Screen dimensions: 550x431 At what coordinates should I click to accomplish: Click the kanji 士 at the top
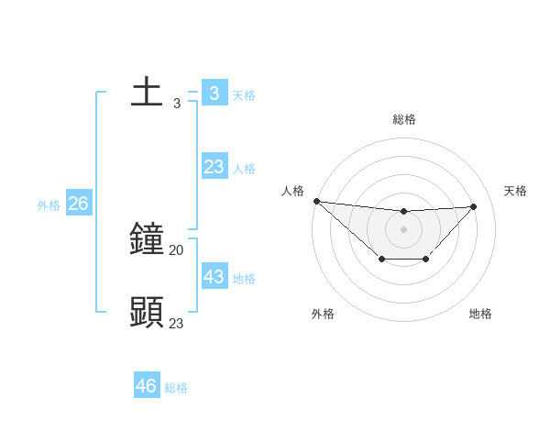(x=147, y=94)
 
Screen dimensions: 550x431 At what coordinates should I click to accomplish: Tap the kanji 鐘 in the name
(x=147, y=239)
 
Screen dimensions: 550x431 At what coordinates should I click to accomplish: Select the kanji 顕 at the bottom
(x=147, y=312)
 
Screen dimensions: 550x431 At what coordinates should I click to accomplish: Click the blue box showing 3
(x=214, y=94)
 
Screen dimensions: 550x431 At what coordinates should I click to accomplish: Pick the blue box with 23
(x=214, y=167)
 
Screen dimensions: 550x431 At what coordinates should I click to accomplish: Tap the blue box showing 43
(x=214, y=276)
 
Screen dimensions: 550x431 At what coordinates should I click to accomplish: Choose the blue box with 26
(x=78, y=204)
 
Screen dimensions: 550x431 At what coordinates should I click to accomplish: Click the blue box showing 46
(x=147, y=386)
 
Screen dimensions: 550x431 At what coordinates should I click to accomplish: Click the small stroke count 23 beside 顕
(x=176, y=323)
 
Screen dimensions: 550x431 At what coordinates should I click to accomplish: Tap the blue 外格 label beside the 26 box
(x=49, y=205)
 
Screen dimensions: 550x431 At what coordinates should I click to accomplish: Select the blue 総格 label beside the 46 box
(x=176, y=388)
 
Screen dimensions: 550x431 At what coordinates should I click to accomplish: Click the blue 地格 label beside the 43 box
(x=244, y=279)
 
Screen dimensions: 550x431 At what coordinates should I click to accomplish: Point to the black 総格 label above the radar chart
(x=404, y=119)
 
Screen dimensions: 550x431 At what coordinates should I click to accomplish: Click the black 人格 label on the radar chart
(x=292, y=191)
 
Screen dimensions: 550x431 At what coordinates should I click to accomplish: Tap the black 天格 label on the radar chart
(x=516, y=191)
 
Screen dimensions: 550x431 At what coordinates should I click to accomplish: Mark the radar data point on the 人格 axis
(x=316, y=201)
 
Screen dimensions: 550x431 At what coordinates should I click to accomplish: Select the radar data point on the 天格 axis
(x=473, y=206)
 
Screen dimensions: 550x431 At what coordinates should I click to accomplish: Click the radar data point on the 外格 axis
(x=381, y=260)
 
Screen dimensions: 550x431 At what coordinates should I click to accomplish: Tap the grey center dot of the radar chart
(x=403, y=229)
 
